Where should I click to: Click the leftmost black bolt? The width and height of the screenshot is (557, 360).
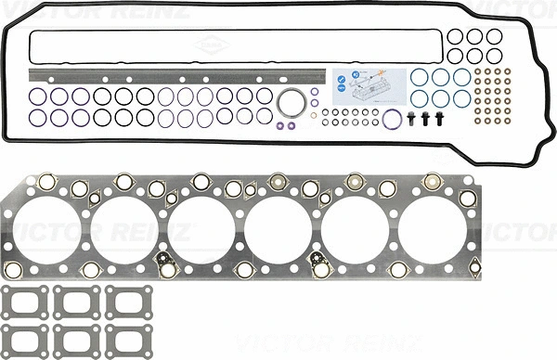[x=411, y=118]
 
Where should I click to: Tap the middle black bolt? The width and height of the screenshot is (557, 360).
[x=426, y=118]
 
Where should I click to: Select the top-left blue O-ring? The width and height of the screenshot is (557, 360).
[x=420, y=76]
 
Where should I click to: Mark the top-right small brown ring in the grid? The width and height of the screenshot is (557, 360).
[x=506, y=71]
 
